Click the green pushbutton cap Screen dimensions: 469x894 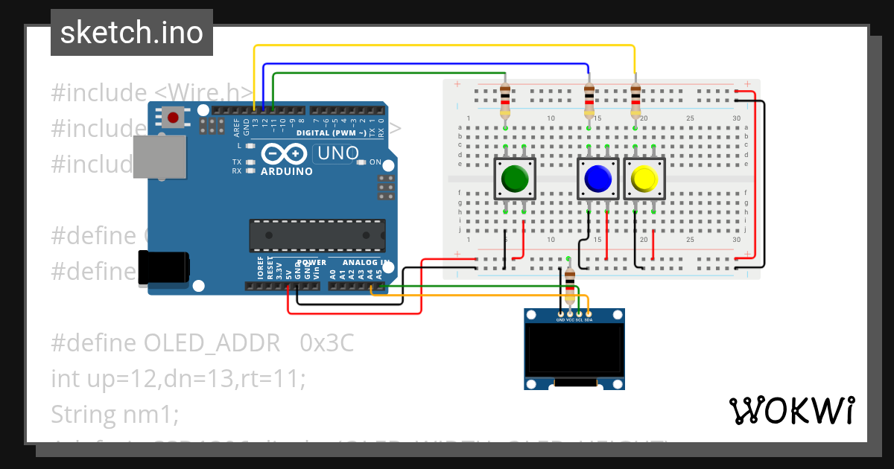[x=515, y=179]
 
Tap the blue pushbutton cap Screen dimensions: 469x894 [x=597, y=179]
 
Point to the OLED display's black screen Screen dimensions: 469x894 [x=574, y=349]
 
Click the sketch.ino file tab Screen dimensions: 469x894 [x=132, y=33]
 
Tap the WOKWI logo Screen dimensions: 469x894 [x=791, y=410]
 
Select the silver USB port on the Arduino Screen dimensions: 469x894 [x=159, y=157]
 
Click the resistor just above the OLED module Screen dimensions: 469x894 [x=570, y=284]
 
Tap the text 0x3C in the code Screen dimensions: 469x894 [x=327, y=343]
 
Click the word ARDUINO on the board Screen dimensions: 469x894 [x=286, y=171]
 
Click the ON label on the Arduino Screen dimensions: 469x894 [x=375, y=162]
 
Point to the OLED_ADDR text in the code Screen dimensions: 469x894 [x=213, y=343]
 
